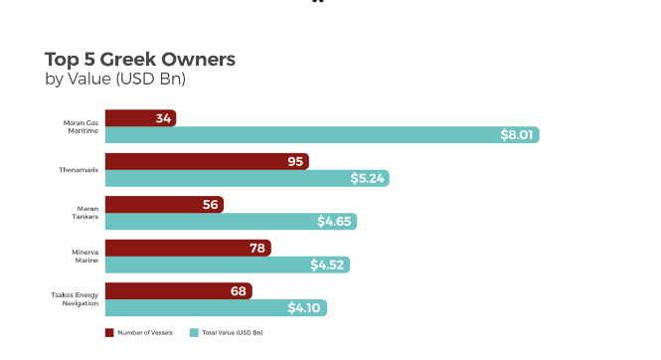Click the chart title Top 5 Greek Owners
coord(140,59)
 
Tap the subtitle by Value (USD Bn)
coord(115,79)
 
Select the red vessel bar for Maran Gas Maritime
coord(140,118)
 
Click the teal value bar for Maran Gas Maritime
coord(322,135)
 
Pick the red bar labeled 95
coord(207,161)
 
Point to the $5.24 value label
coord(367,178)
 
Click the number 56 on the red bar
coord(211,205)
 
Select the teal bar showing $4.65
coord(231,222)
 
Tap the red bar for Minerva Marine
coord(188,248)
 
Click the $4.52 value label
coord(327,265)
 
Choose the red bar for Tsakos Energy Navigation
coord(179,290)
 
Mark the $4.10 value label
coord(304,307)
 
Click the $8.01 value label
coord(517,135)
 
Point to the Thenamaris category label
coord(79,170)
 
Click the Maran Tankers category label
coord(85,213)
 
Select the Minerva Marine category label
coord(85,257)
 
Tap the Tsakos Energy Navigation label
coord(75,299)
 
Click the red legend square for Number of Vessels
coord(109,332)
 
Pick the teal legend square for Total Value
coord(194,332)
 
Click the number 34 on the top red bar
coord(163,118)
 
